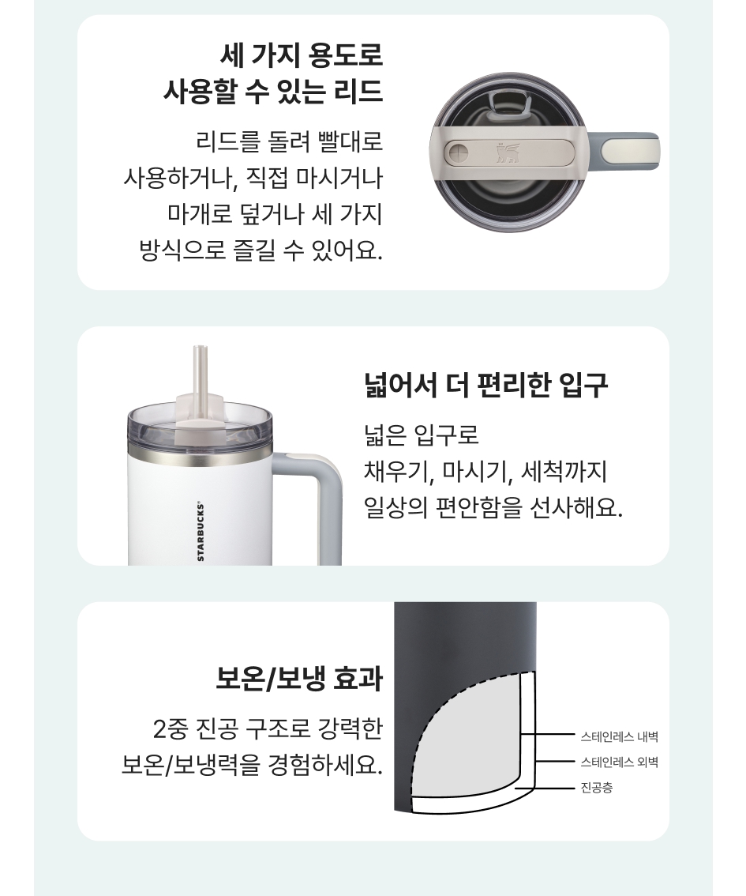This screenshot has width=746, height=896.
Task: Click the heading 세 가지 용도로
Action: coord(301,55)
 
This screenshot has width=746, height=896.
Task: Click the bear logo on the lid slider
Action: coord(508,152)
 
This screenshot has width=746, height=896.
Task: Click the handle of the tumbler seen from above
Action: coord(628,152)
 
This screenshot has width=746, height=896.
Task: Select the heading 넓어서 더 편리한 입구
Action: coord(485,385)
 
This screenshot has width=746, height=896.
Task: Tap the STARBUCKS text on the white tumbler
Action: coord(201,531)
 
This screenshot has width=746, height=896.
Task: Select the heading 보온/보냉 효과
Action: coord(298,679)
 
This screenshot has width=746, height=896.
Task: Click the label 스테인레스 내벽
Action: coord(619,736)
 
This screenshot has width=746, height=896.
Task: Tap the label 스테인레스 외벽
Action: coord(619,762)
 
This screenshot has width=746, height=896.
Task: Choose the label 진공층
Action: coord(597,788)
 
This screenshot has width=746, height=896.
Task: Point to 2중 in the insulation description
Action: coord(170,728)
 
